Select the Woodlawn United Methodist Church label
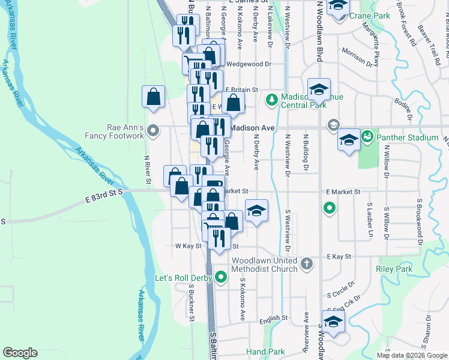tap(264, 265)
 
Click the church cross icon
tap(307, 263)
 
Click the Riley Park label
tap(394, 269)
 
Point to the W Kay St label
tap(187, 246)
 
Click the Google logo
tap(20, 353)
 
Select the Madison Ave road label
tap(252, 128)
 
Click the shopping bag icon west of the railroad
tap(154, 96)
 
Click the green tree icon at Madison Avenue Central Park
tap(271, 98)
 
